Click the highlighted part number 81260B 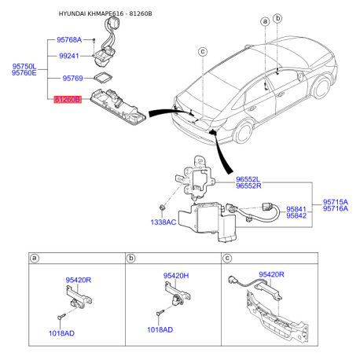click(68, 100)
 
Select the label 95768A click(69, 40)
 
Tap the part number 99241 click(69, 56)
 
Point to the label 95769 click(72, 78)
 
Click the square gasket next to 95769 click(103, 78)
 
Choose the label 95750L click(24, 66)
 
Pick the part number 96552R click(248, 186)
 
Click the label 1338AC click(163, 222)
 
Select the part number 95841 click(296, 209)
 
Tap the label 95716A click(336, 208)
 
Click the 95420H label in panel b click(176, 276)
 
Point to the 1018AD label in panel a click(61, 333)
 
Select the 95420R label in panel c click(271, 274)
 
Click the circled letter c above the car click(203, 52)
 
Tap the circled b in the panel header click(130, 259)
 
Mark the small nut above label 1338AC click(162, 208)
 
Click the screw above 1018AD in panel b click(160, 313)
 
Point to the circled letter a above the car click(265, 21)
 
